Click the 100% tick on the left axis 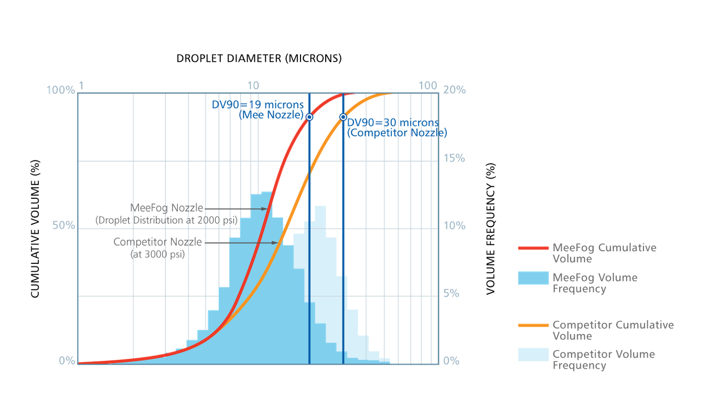(x=61, y=90)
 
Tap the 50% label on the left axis (x=63, y=226)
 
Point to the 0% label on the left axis (x=66, y=361)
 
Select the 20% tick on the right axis (x=454, y=90)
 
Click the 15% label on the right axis (x=454, y=158)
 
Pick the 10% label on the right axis (x=454, y=226)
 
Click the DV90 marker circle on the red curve (x=309, y=117)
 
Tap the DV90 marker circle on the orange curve (x=343, y=117)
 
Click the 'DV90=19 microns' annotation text (x=258, y=105)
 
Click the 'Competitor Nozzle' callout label (x=158, y=243)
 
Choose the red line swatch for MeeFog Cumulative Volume (x=533, y=248)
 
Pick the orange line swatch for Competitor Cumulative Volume (x=533, y=325)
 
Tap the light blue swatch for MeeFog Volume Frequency (x=533, y=278)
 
